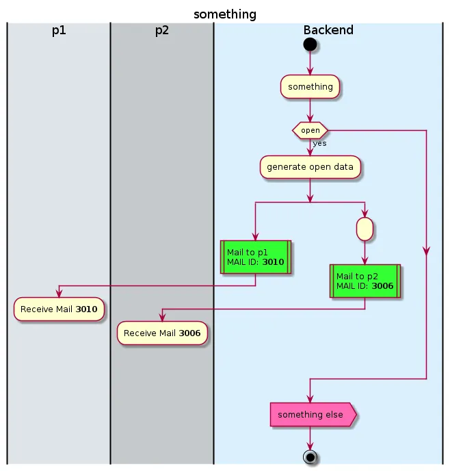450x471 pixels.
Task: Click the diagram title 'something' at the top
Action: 225,14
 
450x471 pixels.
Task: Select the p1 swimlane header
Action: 59,30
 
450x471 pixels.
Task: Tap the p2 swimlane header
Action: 162,30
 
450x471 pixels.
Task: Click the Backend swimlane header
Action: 328,30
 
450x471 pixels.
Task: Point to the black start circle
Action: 310,44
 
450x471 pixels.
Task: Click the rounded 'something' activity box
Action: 310,87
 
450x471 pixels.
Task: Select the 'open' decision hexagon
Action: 310,130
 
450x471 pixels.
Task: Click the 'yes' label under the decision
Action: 319,144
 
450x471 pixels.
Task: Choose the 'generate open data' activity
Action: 310,167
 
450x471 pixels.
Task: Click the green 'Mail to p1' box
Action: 255,257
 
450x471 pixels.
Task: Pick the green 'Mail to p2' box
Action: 365,281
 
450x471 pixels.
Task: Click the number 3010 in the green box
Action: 273,262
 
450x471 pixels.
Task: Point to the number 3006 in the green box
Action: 382,286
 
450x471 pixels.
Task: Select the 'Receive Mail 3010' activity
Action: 59,309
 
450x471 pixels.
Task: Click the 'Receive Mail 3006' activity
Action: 162,333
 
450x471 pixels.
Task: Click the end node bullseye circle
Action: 310,457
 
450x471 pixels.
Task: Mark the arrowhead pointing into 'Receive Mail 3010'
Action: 59,294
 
